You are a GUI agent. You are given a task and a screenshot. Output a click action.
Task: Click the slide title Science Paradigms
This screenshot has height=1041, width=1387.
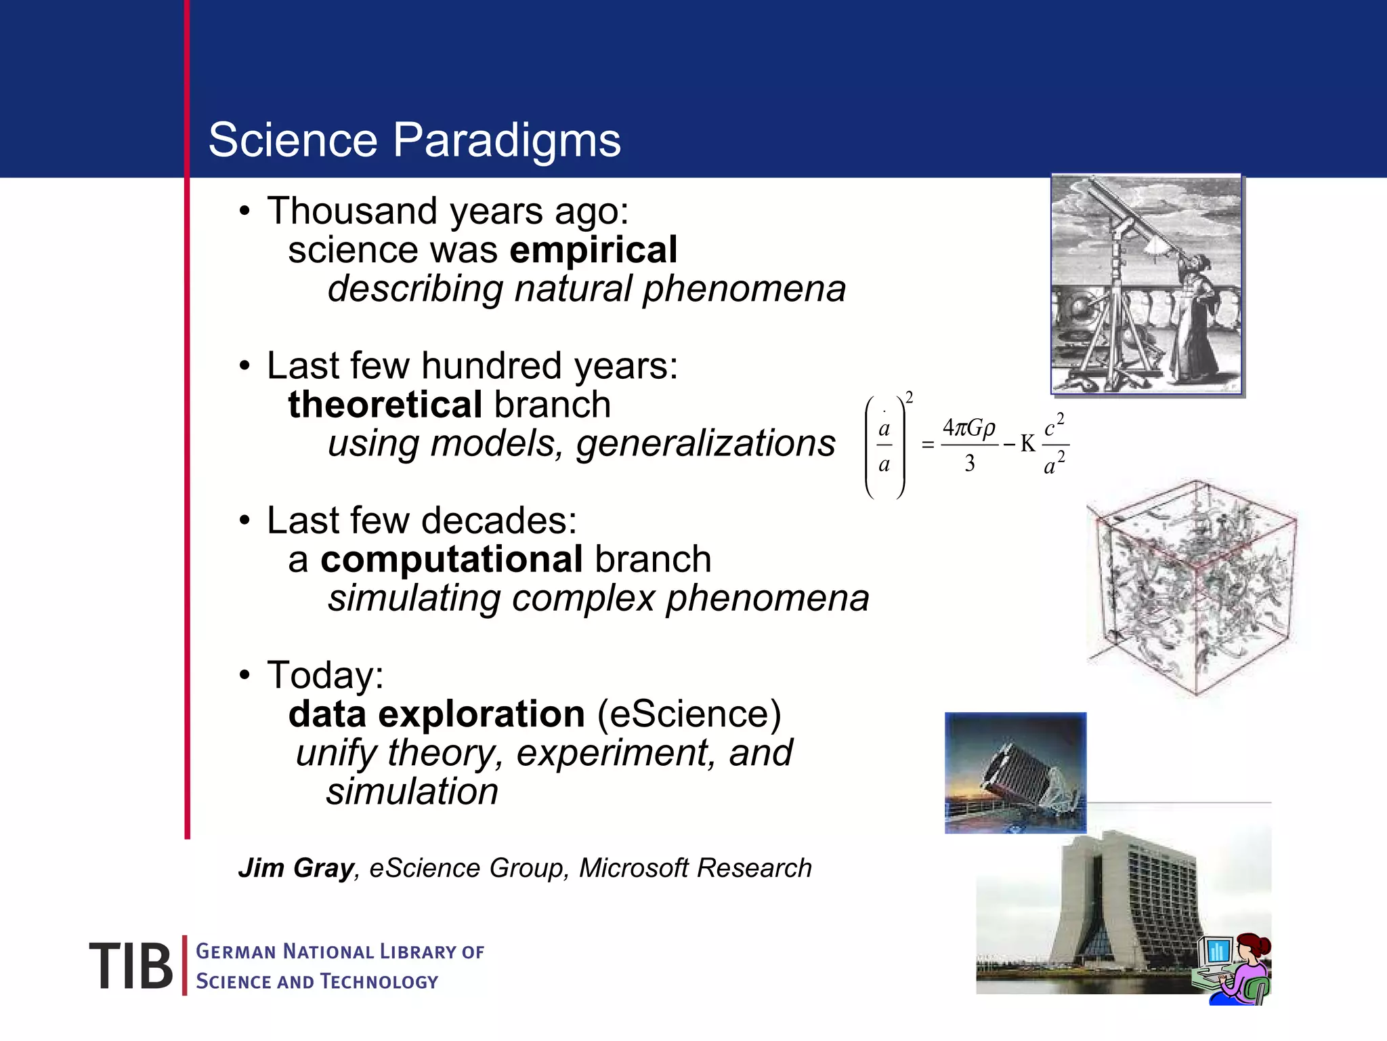[x=414, y=140]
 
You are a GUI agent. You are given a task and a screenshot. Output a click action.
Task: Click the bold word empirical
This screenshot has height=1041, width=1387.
[x=593, y=250]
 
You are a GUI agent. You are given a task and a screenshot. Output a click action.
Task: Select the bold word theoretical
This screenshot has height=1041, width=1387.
[x=385, y=405]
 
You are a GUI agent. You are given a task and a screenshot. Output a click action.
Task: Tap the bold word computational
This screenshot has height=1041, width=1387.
[x=451, y=560]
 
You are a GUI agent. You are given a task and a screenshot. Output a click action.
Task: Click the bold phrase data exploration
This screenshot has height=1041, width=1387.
[x=436, y=714]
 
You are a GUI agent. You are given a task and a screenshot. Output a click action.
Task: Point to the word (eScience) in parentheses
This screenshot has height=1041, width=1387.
[x=689, y=714]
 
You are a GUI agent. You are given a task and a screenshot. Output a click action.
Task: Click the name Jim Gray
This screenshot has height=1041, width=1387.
[x=296, y=868]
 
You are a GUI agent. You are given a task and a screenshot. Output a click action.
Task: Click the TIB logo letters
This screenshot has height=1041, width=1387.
[x=131, y=966]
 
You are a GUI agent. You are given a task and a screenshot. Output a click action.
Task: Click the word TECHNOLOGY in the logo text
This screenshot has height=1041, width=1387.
[x=379, y=982]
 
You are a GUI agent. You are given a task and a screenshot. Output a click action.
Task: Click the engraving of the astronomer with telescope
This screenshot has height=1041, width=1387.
[x=1147, y=285]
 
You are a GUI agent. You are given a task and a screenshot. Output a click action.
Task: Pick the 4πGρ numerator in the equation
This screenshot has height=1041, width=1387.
[x=969, y=428]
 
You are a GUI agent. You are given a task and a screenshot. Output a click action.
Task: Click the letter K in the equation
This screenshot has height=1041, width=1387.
[x=1027, y=445]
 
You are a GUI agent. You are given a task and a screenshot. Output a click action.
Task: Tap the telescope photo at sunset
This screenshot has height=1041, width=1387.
[x=1015, y=773]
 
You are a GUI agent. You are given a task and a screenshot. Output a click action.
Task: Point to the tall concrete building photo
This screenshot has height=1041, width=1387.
[x=1111, y=901]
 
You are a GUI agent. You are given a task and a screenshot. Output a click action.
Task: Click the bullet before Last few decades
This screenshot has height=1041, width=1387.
[x=244, y=521]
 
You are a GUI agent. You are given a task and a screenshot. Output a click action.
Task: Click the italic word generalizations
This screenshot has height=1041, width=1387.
[x=706, y=444]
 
